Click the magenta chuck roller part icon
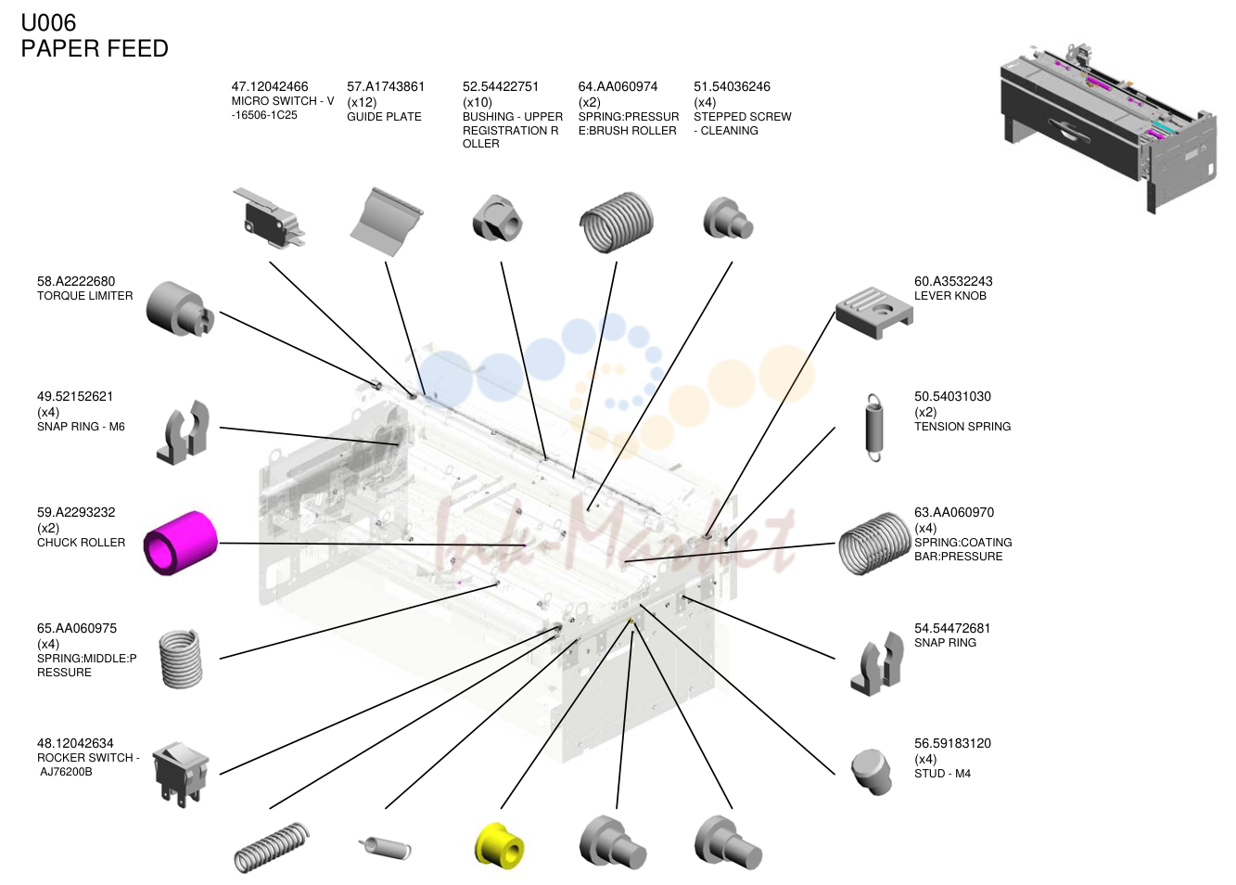pyautogui.click(x=181, y=543)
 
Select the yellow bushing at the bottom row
pyautogui.click(x=499, y=845)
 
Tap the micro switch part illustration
pyautogui.click(x=269, y=217)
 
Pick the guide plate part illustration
pyautogui.click(x=387, y=221)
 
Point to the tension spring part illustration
pyautogui.click(x=874, y=427)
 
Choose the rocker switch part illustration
pyautogui.click(x=181, y=774)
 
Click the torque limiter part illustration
pyautogui.click(x=180, y=309)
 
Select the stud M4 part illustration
pyautogui.click(x=872, y=771)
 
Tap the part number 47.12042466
pyautogui.click(x=269, y=86)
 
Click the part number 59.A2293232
pyautogui.click(x=76, y=512)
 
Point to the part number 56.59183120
pyautogui.click(x=952, y=744)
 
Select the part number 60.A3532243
pyautogui.click(x=953, y=282)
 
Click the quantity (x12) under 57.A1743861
pyautogui.click(x=362, y=103)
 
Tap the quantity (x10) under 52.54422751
pyautogui.click(x=478, y=103)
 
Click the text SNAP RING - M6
pyautogui.click(x=81, y=427)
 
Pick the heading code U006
pyautogui.click(x=48, y=23)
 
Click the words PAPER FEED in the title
pyautogui.click(x=95, y=48)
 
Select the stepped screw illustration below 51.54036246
pyautogui.click(x=729, y=218)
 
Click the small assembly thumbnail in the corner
pyautogui.click(x=1109, y=128)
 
